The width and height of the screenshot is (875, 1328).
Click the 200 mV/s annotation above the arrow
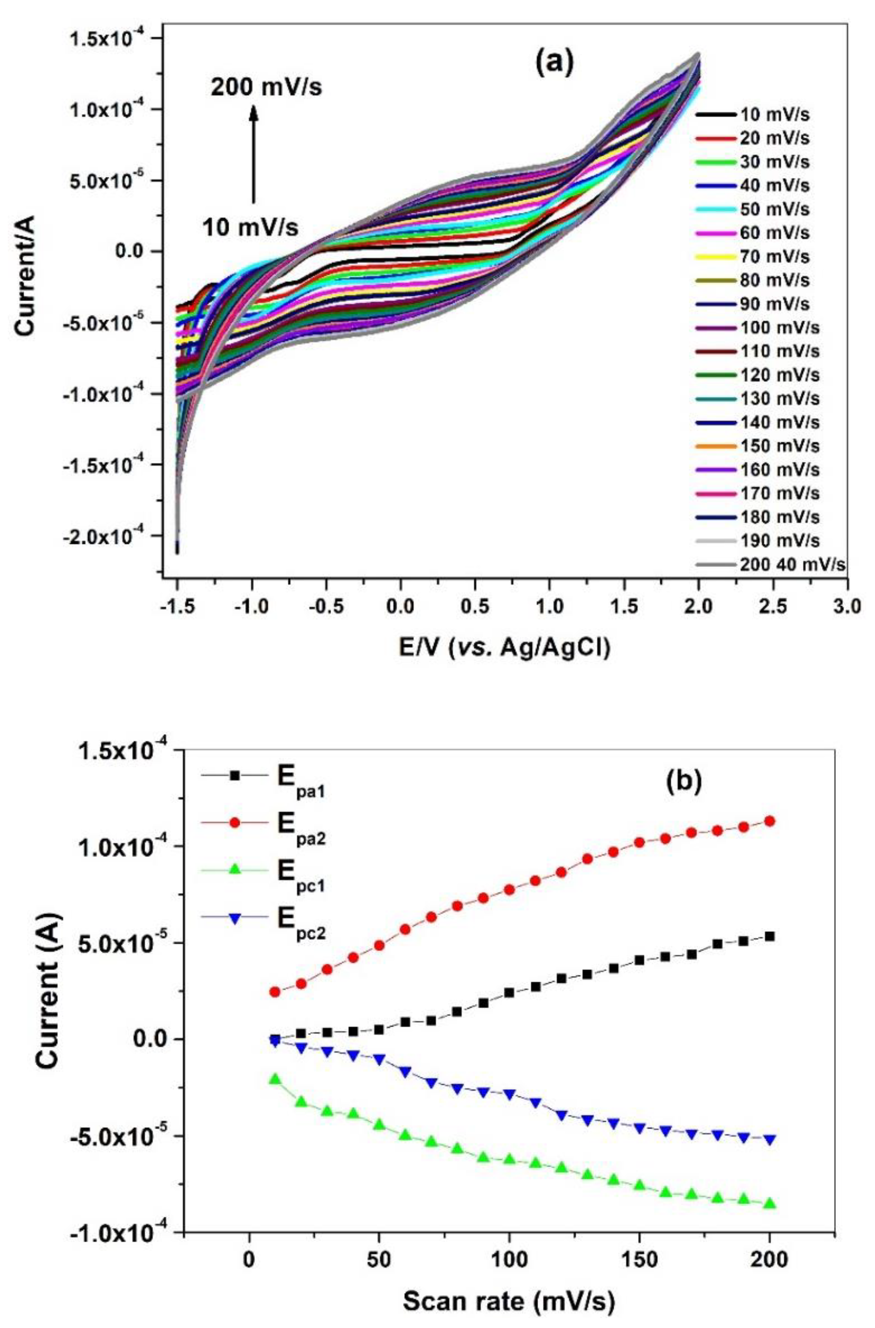266,87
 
